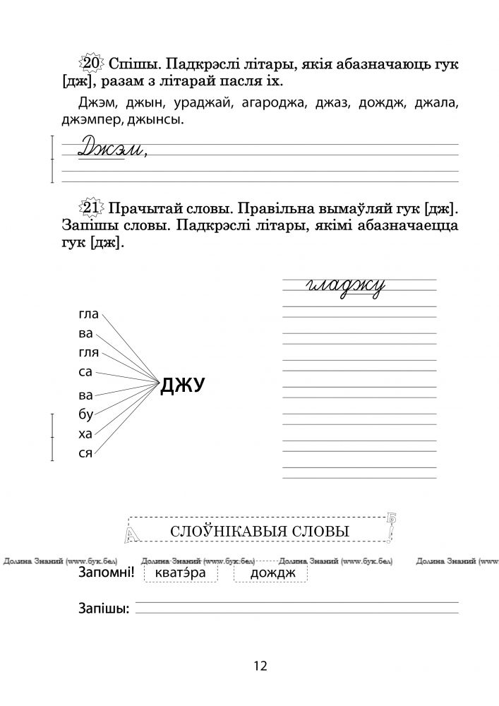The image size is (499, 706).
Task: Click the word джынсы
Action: [157, 121]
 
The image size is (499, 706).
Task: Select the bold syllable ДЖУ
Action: [183, 385]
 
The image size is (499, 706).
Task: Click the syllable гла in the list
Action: [88, 315]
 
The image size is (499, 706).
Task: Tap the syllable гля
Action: [88, 352]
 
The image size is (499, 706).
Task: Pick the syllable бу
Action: [85, 415]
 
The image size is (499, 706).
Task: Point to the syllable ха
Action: [85, 434]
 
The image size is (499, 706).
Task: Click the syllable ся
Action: [85, 453]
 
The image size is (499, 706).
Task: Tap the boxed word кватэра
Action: [181, 573]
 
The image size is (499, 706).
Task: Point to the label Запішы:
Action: [103, 609]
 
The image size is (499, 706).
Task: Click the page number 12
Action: [259, 666]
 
